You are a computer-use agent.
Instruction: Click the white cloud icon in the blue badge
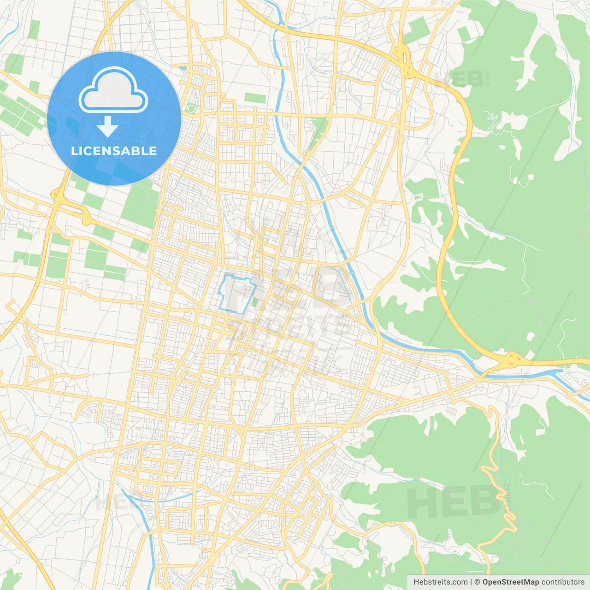113,91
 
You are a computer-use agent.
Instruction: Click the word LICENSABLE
114,151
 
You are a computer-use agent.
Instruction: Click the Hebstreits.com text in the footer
440,582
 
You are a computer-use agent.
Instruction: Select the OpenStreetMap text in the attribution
511,582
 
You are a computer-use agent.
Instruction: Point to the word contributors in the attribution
562,582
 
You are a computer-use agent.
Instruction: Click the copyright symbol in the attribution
478,582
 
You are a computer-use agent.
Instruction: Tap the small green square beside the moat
255,302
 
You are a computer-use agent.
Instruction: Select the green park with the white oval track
191,109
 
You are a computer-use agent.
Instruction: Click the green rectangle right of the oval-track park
255,98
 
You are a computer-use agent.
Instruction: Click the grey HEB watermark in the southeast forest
454,502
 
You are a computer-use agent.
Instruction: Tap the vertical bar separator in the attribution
471,582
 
